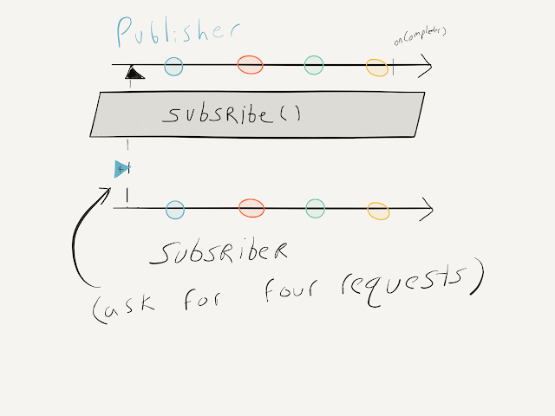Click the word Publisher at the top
177,33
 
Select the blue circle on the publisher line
173,65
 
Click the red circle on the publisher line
250,65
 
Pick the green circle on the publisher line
314,65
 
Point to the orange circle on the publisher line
376,67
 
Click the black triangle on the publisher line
133,73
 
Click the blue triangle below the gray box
122,168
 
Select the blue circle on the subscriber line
175,209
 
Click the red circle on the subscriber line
251,209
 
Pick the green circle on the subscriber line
315,208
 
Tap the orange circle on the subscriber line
378,210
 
